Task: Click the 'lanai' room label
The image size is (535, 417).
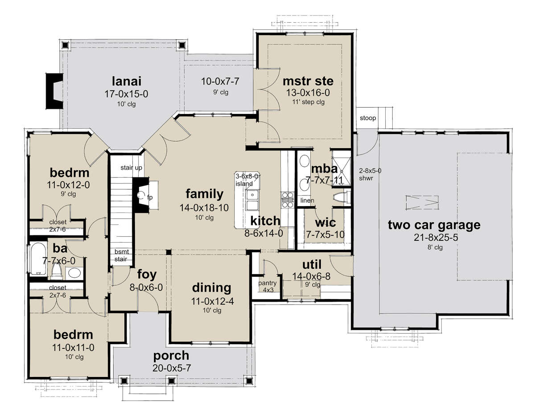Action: [x=127, y=81]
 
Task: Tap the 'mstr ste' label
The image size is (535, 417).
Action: [x=308, y=81]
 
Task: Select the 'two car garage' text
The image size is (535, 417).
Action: [x=434, y=225]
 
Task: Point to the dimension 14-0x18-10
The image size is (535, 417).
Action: [x=204, y=208]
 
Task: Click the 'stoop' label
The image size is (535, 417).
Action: [x=368, y=118]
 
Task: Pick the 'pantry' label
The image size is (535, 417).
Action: [x=267, y=283]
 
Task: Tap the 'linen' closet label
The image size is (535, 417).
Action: [x=307, y=201]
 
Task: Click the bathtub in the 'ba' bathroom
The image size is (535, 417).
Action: [x=38, y=258]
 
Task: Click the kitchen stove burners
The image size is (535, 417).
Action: [x=288, y=200]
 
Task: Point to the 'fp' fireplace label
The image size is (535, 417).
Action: [x=150, y=197]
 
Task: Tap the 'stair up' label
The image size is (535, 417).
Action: [x=131, y=168]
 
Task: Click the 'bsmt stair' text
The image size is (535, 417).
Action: [x=121, y=255]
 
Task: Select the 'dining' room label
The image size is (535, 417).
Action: [x=211, y=288]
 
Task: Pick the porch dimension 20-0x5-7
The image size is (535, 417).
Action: [x=172, y=368]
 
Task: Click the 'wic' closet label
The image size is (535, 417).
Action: [x=325, y=223]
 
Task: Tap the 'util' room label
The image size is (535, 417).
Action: [x=312, y=265]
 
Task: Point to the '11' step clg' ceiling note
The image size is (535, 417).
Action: [x=308, y=102]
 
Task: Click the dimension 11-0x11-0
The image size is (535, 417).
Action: [x=73, y=348]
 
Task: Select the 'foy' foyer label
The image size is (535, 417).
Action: [x=147, y=275]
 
